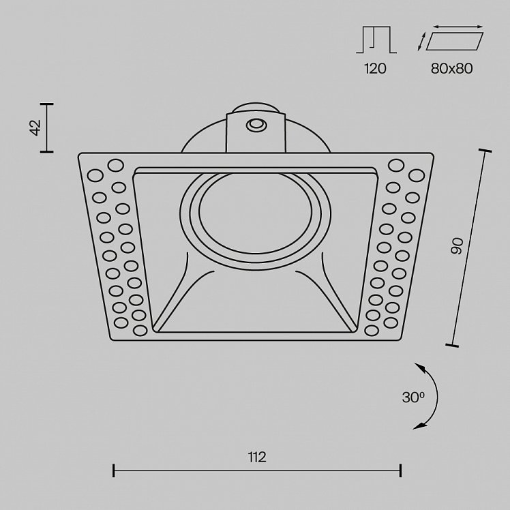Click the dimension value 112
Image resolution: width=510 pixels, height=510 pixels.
(x=257, y=457)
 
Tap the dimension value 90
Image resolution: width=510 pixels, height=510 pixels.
(x=457, y=246)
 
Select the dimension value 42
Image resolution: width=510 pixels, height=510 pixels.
(x=35, y=127)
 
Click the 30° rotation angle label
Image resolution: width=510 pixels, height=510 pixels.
(x=413, y=397)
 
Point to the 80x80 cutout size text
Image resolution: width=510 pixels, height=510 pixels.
(x=451, y=68)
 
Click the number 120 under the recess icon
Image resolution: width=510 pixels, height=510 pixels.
(x=375, y=68)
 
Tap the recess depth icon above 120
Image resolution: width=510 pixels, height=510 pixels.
(x=376, y=40)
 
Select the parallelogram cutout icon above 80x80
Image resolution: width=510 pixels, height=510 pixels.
(x=454, y=41)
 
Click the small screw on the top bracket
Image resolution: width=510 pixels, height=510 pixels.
(x=256, y=125)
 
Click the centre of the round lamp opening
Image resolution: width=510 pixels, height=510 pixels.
(x=256, y=213)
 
